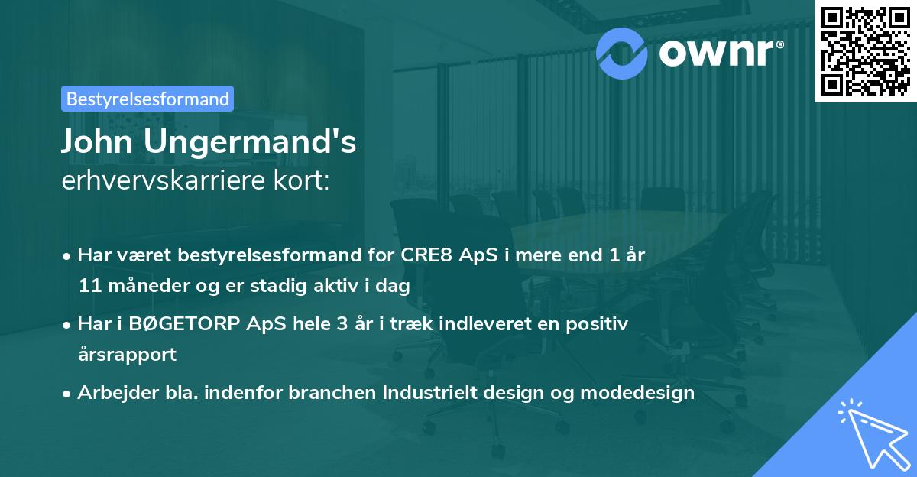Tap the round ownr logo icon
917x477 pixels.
[621, 53]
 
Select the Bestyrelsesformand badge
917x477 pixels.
[147, 99]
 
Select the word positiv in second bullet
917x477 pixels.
[601, 324]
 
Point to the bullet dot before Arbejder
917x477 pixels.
[68, 393]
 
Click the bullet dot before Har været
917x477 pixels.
[68, 255]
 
